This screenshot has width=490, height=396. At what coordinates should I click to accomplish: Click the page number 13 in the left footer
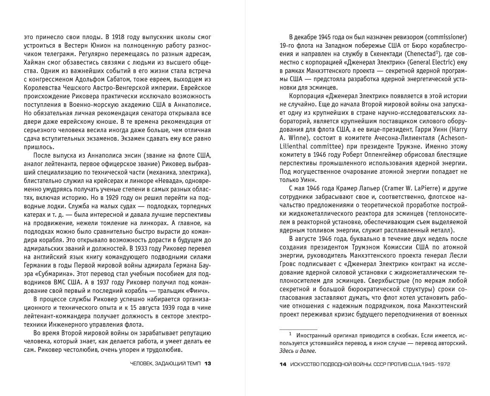tap(208, 364)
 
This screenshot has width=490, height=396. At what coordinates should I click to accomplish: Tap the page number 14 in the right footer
tap(283, 364)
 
